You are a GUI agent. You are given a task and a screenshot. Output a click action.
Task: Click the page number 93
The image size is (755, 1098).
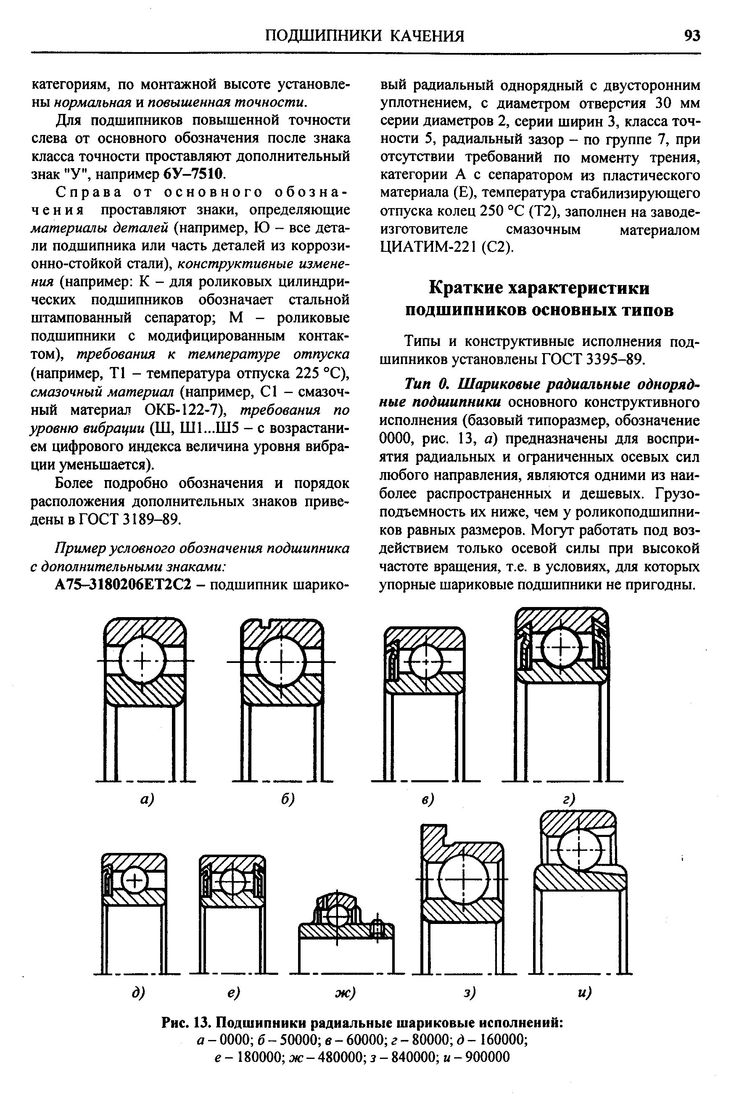pyautogui.click(x=692, y=36)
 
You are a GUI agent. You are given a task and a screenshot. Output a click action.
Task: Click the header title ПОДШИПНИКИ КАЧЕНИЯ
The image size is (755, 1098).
pyautogui.click(x=364, y=36)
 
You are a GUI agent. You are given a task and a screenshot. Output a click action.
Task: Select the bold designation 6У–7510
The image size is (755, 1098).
pyautogui.click(x=193, y=174)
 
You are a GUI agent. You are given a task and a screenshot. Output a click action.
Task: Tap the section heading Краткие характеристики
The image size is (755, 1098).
pyautogui.click(x=539, y=288)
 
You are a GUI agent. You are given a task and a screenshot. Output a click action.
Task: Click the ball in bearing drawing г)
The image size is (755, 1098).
pyautogui.click(x=561, y=647)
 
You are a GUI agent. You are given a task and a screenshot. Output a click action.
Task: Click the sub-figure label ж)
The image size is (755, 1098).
pyautogui.click(x=345, y=992)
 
